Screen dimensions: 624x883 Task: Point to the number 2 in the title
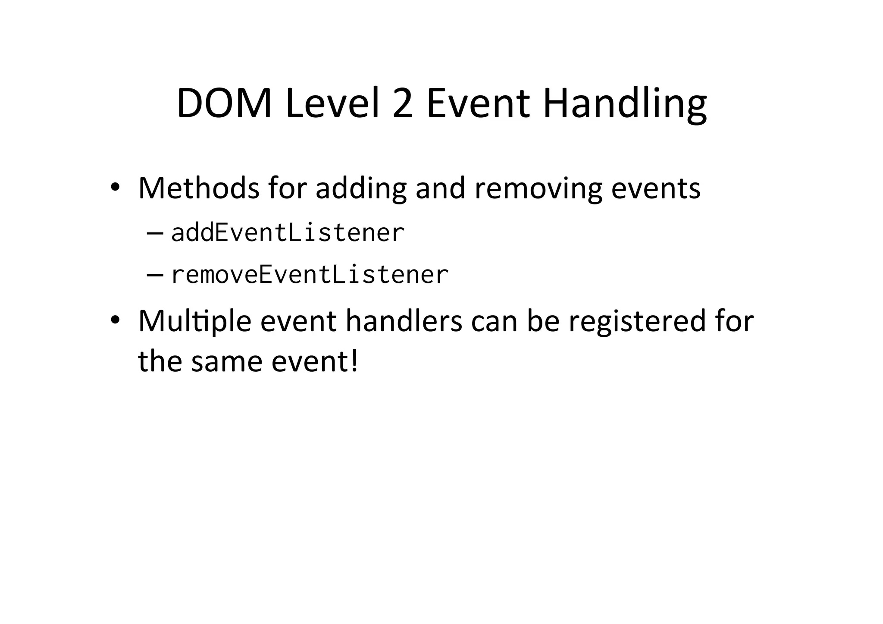click(403, 103)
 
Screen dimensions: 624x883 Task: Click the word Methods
click(199, 188)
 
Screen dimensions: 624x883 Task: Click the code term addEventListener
click(288, 233)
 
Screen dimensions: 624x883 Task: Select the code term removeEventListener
click(310, 275)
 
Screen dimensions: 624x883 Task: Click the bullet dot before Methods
click(114, 187)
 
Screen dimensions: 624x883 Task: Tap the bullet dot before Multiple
click(114, 320)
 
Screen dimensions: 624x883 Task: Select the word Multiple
click(194, 322)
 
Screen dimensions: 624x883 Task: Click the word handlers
click(404, 322)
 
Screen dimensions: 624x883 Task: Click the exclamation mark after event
click(354, 361)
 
